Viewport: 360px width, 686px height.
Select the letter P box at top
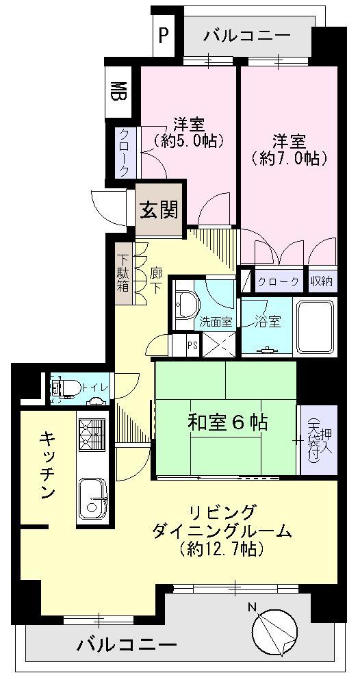coord(164,35)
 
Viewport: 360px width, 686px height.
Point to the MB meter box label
coord(118,90)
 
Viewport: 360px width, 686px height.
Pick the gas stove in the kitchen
coord(92,435)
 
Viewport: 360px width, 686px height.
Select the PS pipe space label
coord(193,345)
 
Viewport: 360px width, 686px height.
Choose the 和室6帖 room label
coord(227,422)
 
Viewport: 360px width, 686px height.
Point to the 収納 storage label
coord(322,281)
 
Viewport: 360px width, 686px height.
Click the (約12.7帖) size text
coord(222,549)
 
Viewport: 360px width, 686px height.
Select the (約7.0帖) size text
coord(290,158)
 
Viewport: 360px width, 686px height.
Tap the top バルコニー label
coord(247,36)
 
